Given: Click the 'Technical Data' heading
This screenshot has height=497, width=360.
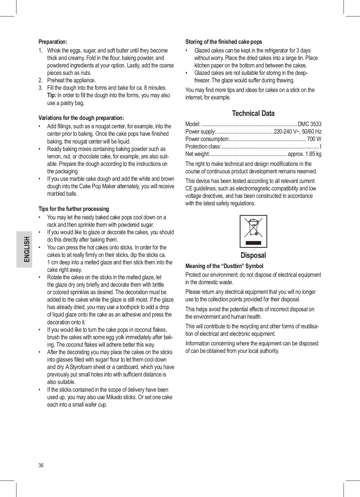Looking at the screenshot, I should pyautogui.click(x=253, y=113).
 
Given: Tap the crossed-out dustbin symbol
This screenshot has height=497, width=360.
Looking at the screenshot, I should pyautogui.click(x=253, y=231).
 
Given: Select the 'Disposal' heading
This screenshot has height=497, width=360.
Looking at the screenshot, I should pyautogui.click(x=253, y=255).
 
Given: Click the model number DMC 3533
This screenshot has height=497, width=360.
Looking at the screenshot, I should pyautogui.click(x=309, y=124).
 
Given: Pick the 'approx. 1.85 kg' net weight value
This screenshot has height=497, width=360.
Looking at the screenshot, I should pyautogui.click(x=305, y=154).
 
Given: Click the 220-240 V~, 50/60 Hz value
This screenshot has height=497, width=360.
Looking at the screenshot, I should pyautogui.click(x=298, y=132).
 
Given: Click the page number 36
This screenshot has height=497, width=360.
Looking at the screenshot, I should pyautogui.click(x=41, y=465).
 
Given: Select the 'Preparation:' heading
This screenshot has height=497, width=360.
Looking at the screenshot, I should pyautogui.click(x=52, y=42).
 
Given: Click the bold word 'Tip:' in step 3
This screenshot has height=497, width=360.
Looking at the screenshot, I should pyautogui.click(x=52, y=95).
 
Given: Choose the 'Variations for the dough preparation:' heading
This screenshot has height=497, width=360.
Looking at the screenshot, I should pyautogui.click(x=81, y=118).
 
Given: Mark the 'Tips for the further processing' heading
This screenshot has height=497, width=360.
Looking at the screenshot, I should pyautogui.click(x=74, y=209).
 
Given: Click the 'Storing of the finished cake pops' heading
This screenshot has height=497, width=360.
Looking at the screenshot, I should pyautogui.click(x=224, y=42).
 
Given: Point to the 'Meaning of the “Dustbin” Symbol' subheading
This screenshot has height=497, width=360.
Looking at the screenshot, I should pyautogui.click(x=224, y=266).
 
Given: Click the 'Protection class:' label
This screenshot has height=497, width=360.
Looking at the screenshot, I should pyautogui.click(x=203, y=147).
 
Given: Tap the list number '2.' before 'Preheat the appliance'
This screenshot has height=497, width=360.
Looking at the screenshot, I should pyautogui.click(x=41, y=80).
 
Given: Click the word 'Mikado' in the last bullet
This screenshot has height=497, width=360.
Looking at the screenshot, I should pyautogui.click(x=115, y=397).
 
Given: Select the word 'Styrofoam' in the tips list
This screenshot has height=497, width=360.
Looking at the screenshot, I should pyautogui.click(x=81, y=367).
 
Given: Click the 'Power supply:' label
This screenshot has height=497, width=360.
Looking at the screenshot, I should pyautogui.click(x=200, y=132).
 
